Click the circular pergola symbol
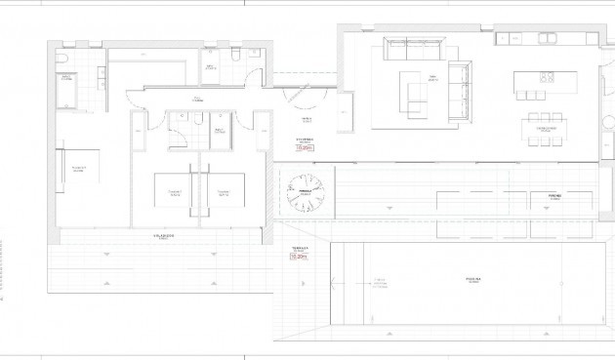tap(306, 190)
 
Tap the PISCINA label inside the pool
tap(471, 280)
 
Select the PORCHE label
tap(543, 195)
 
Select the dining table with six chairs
tap(547, 127)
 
